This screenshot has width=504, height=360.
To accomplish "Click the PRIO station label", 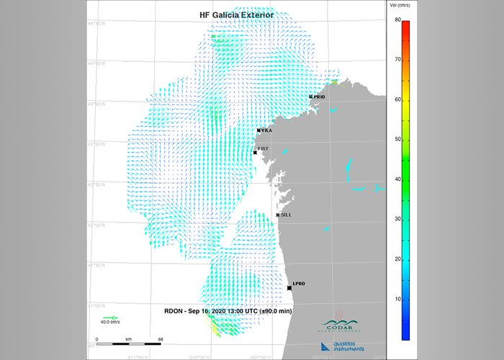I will click(x=320, y=96).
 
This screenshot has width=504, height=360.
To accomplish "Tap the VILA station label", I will click(x=266, y=130).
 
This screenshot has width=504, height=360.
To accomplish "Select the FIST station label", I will click(x=264, y=148).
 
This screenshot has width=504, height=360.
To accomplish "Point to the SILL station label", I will click(x=286, y=215).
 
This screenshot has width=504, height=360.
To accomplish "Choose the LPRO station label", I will click(x=300, y=284).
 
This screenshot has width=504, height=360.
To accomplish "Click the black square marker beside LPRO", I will click(x=289, y=288).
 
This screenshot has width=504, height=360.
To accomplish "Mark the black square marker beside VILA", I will click(x=258, y=130).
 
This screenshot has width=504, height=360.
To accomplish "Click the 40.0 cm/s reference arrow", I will click(x=111, y=317).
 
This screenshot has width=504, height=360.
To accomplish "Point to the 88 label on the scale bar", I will click(x=161, y=338).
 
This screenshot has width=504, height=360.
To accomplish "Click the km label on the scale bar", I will click(x=128, y=338).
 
